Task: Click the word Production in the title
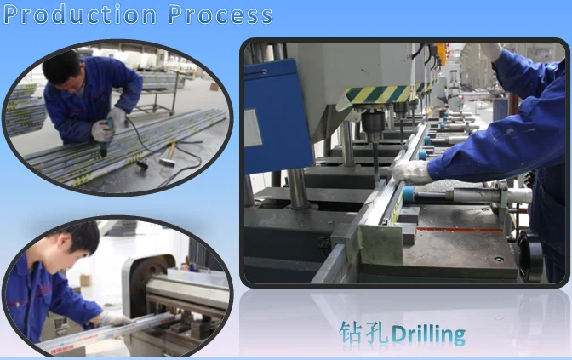click(x=80, y=14)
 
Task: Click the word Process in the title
click(x=220, y=14)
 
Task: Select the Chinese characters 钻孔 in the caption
click(x=363, y=333)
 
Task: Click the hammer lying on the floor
click(x=168, y=155)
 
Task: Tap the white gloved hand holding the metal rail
click(x=412, y=171)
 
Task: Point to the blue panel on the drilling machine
click(x=277, y=117)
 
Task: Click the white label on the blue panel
click(x=253, y=128)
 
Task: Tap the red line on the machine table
click(x=460, y=230)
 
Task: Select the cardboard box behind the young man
click(x=86, y=280)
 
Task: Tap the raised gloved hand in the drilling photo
click(x=490, y=51)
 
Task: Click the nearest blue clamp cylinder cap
click(x=409, y=193)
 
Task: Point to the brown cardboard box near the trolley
click(x=214, y=87)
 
